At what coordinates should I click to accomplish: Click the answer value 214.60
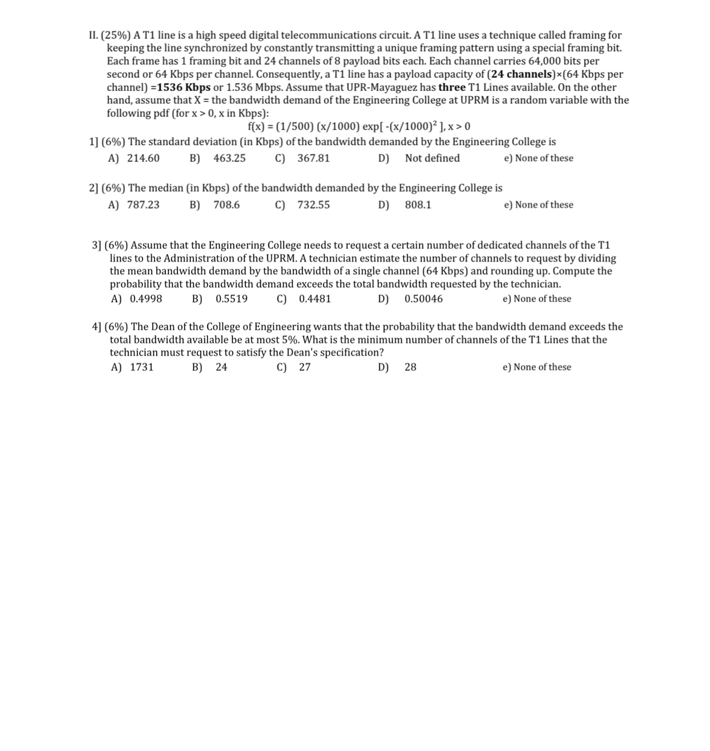[143, 158]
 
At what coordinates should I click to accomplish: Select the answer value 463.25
[229, 158]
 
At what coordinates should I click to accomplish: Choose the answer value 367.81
[313, 158]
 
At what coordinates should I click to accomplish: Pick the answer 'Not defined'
[432, 158]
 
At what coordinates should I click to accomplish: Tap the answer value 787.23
[143, 205]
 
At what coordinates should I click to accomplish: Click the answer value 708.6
[227, 205]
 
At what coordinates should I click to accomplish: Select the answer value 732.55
[313, 205]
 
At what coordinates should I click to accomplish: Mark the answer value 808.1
[418, 205]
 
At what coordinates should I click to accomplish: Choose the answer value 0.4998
[146, 299]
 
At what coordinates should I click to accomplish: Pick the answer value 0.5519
[232, 299]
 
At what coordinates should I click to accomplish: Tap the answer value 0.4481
[315, 299]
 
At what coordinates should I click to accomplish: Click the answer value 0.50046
[423, 299]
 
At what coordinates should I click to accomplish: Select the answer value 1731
[142, 368]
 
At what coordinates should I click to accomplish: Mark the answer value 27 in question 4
[305, 368]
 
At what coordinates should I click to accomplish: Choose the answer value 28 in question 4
[410, 368]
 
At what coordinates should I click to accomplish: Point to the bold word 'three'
[452, 87]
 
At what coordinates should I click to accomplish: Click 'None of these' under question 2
[544, 205]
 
